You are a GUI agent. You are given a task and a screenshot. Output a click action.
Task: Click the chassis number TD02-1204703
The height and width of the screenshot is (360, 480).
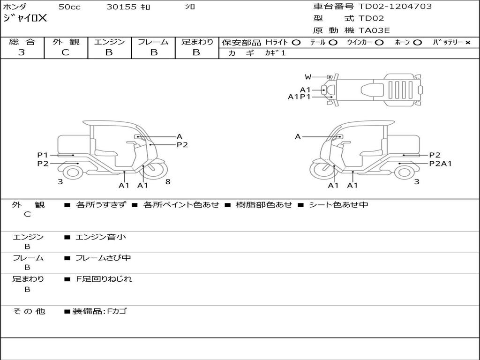395,7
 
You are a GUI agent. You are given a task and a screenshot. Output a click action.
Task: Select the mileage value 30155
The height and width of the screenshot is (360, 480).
121,7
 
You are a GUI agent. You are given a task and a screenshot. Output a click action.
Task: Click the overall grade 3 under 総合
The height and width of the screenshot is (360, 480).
22,52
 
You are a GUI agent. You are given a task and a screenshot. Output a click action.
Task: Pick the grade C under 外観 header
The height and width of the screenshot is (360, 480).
65,52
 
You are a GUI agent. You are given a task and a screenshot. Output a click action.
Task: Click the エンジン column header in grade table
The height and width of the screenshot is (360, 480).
109,42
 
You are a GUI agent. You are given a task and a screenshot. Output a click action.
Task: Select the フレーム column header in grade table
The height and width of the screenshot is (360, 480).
153,42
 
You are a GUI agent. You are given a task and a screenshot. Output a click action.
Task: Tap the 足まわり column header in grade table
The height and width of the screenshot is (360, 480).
197,42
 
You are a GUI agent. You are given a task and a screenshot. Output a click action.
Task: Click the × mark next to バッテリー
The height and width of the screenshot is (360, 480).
467,43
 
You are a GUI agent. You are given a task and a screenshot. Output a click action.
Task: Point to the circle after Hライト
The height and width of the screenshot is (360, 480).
296,43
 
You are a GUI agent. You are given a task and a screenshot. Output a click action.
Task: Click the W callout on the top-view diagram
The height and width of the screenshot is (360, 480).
308,77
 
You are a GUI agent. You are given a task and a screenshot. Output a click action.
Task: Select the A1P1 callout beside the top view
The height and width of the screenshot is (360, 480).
299,97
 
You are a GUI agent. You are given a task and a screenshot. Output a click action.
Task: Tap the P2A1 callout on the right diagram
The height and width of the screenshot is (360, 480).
440,164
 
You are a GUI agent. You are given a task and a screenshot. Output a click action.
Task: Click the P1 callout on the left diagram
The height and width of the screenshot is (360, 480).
43,155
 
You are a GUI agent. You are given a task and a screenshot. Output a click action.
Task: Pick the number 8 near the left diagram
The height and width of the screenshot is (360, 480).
168,182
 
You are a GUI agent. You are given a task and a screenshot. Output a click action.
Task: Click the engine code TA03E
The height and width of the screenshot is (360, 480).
374,30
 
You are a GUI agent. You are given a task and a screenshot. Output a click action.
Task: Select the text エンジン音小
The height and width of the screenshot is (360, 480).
101,237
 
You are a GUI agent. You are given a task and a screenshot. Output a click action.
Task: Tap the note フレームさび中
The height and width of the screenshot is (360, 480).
103,258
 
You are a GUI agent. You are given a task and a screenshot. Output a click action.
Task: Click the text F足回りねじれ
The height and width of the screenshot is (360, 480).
104,279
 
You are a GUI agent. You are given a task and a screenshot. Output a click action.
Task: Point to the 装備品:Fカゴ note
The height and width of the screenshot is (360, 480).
99,311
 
